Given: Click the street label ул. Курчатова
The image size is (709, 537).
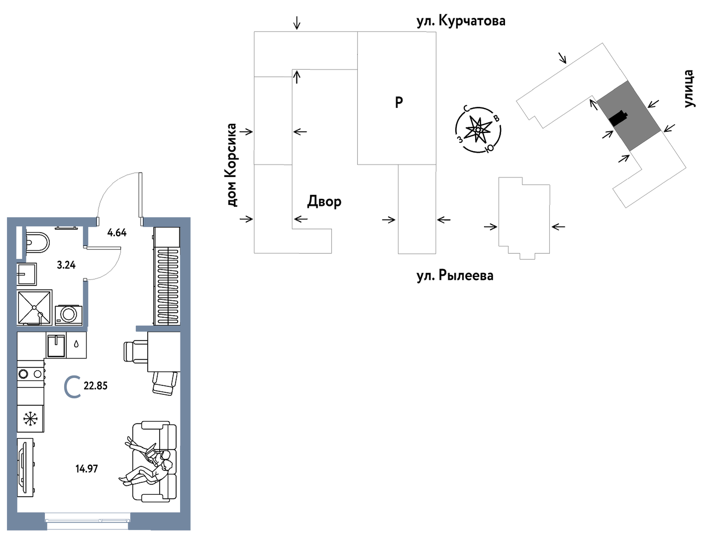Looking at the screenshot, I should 461,21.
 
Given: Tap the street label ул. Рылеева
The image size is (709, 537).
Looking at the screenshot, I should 455,275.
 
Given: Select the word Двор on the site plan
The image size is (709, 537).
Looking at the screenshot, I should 324,201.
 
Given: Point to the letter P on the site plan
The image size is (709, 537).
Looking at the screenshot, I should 399,102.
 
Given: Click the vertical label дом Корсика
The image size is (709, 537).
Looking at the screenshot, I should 231,165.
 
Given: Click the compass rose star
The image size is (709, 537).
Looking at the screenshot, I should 478,130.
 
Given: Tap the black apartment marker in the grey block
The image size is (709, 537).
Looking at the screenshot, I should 618,118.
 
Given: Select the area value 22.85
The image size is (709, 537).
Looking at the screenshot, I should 96,386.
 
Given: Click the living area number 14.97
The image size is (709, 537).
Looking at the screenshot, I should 87,468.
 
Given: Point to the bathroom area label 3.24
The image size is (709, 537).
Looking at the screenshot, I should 66,265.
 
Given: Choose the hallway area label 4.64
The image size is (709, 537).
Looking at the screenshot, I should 117,232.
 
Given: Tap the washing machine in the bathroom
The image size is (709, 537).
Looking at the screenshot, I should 69,314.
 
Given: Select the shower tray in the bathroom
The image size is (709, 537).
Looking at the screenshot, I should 34,307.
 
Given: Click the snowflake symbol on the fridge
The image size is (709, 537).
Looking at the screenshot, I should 30,419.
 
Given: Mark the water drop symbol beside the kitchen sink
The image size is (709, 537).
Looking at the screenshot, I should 76,344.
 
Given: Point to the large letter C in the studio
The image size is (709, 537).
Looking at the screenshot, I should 73,387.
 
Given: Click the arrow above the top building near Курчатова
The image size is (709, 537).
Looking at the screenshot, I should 297,22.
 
